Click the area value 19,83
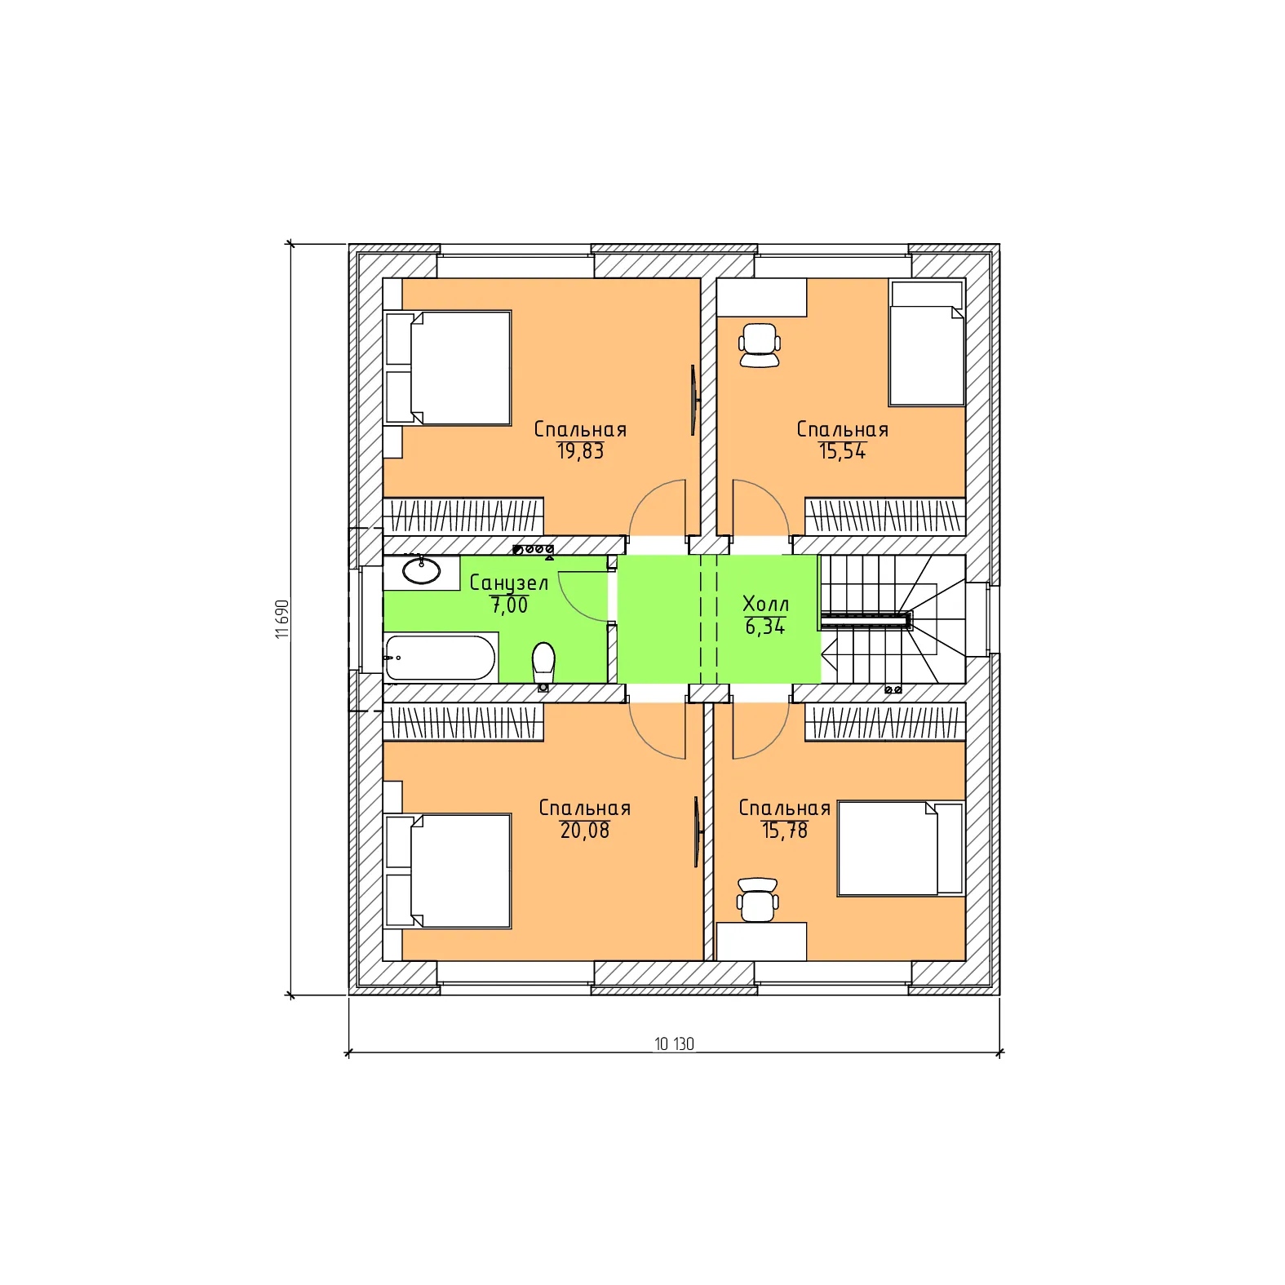point(580,451)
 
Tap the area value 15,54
point(842,451)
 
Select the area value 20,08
point(584,831)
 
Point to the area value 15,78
point(784,831)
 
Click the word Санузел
point(508,583)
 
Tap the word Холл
point(765,604)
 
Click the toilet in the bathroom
point(543,665)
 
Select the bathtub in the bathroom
point(440,658)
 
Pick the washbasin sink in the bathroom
point(422,571)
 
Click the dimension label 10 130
point(674,1044)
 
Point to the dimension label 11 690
point(282,619)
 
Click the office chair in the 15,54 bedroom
point(759,345)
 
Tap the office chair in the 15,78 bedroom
point(757,900)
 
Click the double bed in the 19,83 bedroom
point(448,368)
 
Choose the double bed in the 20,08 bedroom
point(448,871)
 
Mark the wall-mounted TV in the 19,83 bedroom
point(693,400)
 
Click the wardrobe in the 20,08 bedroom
point(463,723)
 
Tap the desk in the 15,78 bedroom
point(761,942)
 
